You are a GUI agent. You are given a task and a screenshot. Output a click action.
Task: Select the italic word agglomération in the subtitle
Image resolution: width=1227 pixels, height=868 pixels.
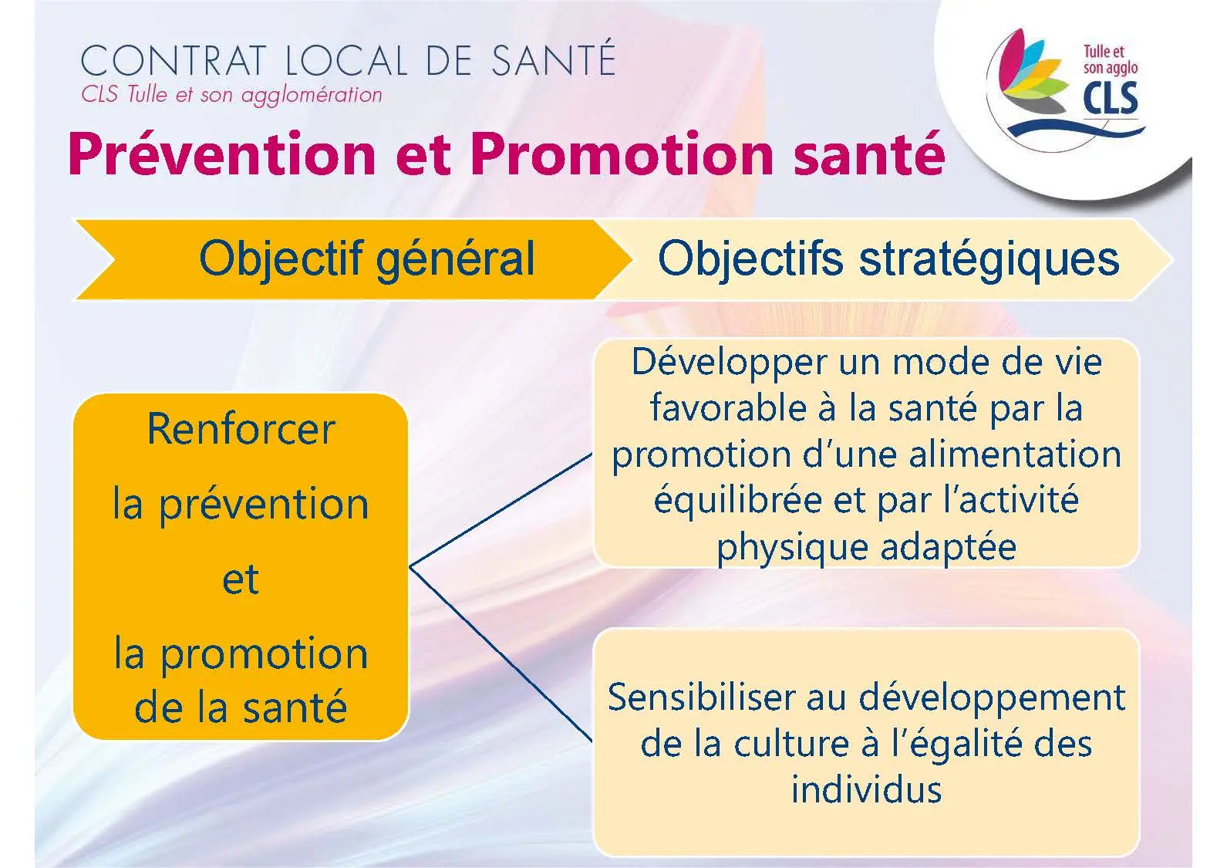311,96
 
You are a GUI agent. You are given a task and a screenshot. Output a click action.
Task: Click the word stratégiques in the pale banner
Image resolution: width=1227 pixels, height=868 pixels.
989,260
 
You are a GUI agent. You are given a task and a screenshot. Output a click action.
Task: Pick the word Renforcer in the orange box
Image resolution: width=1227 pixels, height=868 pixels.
241,428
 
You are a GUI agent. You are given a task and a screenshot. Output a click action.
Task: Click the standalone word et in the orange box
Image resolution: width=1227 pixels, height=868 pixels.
241,579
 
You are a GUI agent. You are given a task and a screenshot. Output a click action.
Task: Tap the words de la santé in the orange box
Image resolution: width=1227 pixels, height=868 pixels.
241,708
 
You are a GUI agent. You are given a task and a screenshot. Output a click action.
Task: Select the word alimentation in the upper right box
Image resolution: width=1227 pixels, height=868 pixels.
1015,454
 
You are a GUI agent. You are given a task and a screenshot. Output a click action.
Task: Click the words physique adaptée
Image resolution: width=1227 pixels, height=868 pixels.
867,548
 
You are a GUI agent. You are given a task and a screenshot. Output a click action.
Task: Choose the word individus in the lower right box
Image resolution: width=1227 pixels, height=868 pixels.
867,789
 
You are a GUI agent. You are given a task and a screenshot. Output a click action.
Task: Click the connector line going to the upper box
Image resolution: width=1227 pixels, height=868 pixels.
501,510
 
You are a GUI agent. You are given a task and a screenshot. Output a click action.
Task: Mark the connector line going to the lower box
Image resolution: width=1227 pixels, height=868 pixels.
501,654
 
